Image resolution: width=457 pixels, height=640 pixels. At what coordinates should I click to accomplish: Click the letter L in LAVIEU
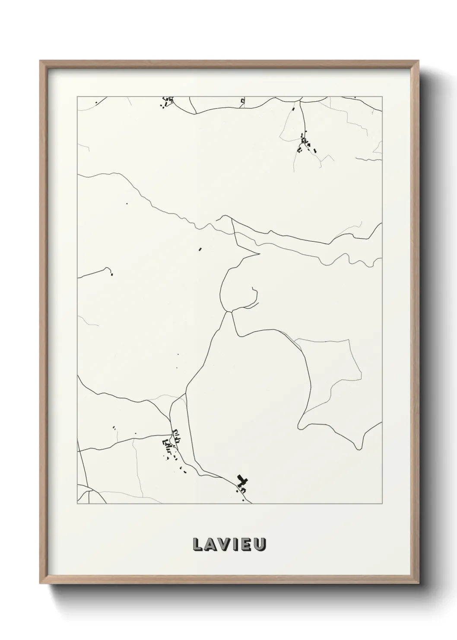(197, 544)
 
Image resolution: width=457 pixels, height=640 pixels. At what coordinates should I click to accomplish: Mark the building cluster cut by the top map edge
(166, 102)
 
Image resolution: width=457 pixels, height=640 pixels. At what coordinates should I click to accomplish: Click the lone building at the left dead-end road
(111, 274)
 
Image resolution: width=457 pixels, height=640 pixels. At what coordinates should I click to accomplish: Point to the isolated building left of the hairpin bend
(200, 249)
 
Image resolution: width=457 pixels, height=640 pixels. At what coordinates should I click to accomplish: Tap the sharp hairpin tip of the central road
(259, 254)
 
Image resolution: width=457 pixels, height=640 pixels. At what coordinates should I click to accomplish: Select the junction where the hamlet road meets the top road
(299, 101)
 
